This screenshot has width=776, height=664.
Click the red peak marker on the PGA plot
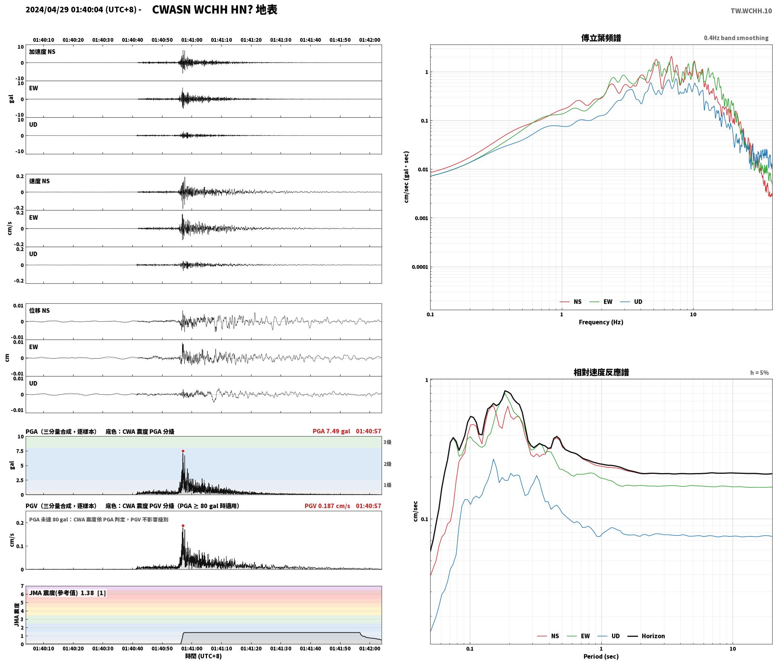[183, 451]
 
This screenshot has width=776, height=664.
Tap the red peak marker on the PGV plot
[183, 526]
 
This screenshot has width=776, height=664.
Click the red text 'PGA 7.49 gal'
[331, 431]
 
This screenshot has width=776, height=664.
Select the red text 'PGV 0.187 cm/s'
[327, 506]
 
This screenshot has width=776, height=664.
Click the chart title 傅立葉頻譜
[601, 38]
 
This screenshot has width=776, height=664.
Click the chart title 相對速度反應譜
[601, 372]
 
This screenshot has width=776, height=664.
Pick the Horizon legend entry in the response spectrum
[646, 636]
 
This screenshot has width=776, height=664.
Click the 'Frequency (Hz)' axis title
[601, 322]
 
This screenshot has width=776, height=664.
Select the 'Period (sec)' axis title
[601, 656]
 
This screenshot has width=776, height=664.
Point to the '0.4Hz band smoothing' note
[736, 38]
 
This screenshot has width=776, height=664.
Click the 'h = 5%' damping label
[759, 373]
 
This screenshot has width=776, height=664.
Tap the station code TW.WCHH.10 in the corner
[751, 11]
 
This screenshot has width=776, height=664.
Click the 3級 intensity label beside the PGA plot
[387, 442]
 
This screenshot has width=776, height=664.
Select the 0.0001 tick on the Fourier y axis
[420, 267]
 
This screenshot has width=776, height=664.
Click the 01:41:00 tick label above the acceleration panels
[192, 40]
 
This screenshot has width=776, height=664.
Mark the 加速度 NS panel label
[42, 52]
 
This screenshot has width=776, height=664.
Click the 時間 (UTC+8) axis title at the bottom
[203, 656]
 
